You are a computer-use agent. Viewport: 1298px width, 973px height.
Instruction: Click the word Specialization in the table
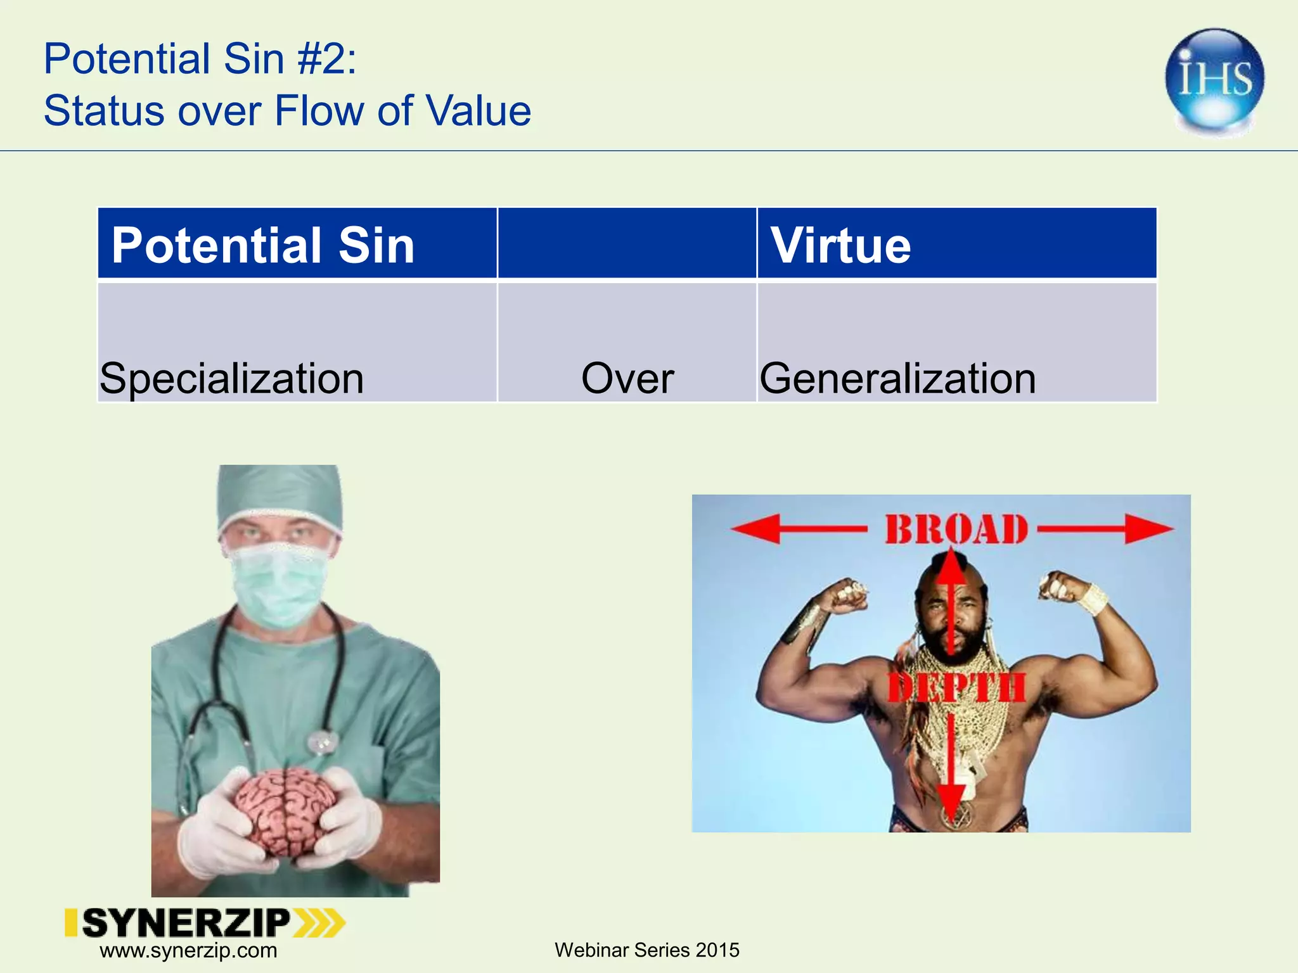pos(232,378)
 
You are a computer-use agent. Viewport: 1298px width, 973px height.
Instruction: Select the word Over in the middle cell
pos(627,378)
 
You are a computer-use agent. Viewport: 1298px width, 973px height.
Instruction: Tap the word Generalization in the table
pos(897,378)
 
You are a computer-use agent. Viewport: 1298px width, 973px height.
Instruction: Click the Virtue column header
pos(840,245)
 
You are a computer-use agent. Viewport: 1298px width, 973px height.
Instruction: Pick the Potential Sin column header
pos(263,245)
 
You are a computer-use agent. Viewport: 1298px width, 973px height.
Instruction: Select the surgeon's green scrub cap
pos(279,497)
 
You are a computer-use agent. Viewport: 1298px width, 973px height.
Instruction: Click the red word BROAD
pos(956,530)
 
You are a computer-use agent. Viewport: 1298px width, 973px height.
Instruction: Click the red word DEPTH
pos(956,688)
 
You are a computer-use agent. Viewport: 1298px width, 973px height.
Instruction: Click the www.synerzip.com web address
pos(188,951)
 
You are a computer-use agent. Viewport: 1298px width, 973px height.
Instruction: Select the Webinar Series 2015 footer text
pos(646,950)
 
